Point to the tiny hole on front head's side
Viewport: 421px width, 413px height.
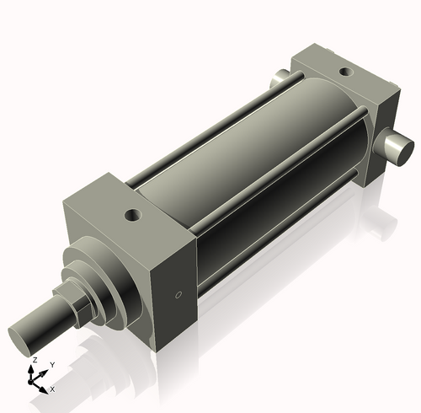(x=177, y=295)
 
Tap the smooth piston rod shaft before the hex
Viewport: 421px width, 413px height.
(x=42, y=324)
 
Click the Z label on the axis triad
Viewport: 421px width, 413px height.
(x=35, y=359)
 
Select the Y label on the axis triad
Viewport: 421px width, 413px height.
(x=52, y=364)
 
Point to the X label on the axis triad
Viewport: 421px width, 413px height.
(x=53, y=389)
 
